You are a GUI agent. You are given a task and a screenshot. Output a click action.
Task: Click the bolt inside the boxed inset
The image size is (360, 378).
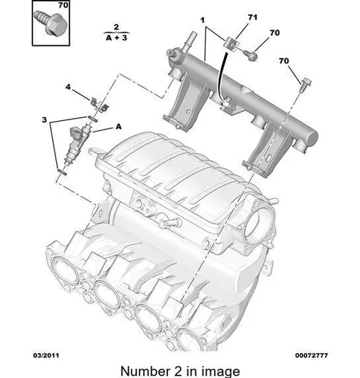coord(50,23)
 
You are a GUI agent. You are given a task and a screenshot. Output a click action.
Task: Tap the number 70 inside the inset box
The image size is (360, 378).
coord(63,5)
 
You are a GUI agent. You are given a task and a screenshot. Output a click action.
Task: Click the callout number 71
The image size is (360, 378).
coord(253,17)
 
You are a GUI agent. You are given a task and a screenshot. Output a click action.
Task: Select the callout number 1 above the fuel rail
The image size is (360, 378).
coord(203,20)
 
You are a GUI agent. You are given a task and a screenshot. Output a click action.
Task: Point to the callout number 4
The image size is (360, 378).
coord(68,87)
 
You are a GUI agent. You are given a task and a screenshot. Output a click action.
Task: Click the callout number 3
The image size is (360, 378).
coord(45,119)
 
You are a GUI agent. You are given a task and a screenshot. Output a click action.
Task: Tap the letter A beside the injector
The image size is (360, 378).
coord(119,127)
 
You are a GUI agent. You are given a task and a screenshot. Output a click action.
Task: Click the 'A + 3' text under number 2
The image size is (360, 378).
coord(116,38)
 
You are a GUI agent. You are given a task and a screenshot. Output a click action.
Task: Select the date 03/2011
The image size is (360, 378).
coord(46,355)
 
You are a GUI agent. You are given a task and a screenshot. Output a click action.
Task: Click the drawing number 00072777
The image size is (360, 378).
coord(312,355)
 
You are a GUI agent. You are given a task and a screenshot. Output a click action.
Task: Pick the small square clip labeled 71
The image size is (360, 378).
coord(231,44)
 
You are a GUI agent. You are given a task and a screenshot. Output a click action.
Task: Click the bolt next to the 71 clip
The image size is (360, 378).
coord(250,54)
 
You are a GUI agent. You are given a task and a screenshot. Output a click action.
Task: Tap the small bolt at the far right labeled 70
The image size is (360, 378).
coord(306,85)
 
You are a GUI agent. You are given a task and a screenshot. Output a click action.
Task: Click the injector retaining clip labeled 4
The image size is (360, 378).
coord(99,105)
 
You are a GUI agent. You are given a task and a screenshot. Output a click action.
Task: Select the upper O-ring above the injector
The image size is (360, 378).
coord(92,119)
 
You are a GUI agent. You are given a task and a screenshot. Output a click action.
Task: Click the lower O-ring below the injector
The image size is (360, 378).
coord(62,172)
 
